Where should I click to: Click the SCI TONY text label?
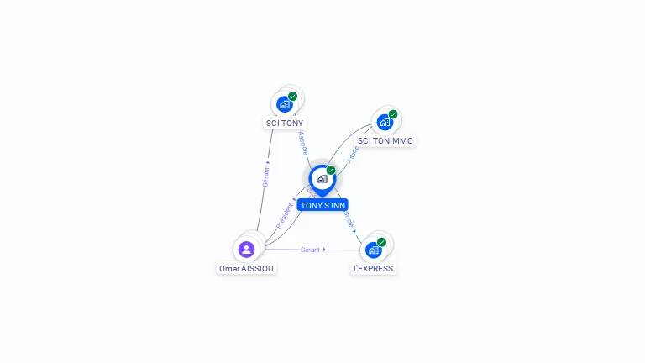285,123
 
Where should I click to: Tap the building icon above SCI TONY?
285,104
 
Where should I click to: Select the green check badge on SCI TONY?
293,96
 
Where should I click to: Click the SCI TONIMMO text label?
385,141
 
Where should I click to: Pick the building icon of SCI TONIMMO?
385,122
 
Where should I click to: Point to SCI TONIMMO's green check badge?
393,114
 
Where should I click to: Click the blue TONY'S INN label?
322,205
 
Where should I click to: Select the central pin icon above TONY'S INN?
322,179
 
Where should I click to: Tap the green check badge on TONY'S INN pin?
331,171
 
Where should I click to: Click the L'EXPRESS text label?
373,269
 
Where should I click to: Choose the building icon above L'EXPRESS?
373,250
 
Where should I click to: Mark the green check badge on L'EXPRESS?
381,242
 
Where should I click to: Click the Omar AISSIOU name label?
246,269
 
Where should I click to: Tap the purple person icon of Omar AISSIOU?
246,249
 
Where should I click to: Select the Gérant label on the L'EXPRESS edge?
311,250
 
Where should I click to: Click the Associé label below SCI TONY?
302,142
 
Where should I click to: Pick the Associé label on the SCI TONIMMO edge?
354,154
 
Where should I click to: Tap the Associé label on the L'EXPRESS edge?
348,219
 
